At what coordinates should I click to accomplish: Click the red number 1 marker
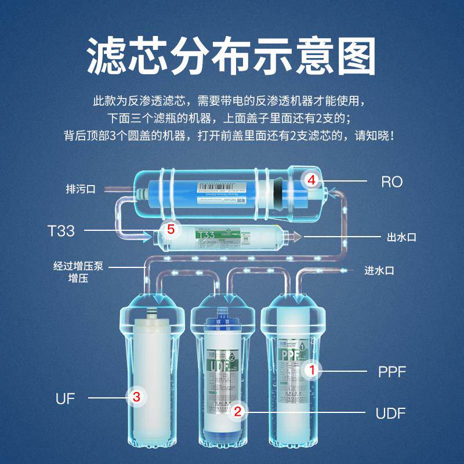[311, 369]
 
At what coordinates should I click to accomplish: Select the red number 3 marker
[136, 397]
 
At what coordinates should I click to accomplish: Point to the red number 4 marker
[311, 180]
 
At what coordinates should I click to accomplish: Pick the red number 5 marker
[170, 229]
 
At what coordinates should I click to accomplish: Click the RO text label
[391, 182]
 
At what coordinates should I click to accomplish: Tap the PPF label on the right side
[392, 372]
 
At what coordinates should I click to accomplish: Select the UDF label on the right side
[390, 413]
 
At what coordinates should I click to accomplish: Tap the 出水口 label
[402, 237]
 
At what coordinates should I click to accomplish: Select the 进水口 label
[379, 270]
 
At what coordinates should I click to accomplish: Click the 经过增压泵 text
[77, 267]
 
